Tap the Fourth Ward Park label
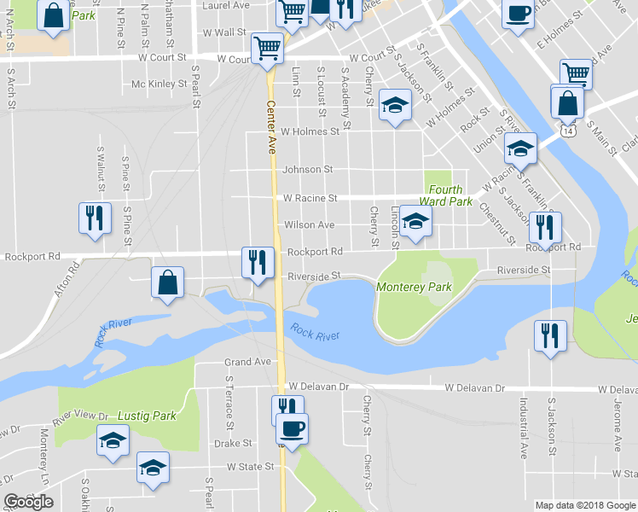pyautogui.click(x=445, y=196)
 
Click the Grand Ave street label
pyautogui.click(x=247, y=362)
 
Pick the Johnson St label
pyautogui.click(x=308, y=170)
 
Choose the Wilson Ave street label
pyautogui.click(x=310, y=225)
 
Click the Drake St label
pyautogui.click(x=233, y=444)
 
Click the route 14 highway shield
pyautogui.click(x=578, y=131)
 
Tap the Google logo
pyautogui.click(x=29, y=502)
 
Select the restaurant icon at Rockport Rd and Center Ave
pyautogui.click(x=257, y=262)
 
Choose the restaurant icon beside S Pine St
pyautogui.click(x=94, y=217)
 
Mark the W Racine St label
pyautogui.click(x=310, y=198)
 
